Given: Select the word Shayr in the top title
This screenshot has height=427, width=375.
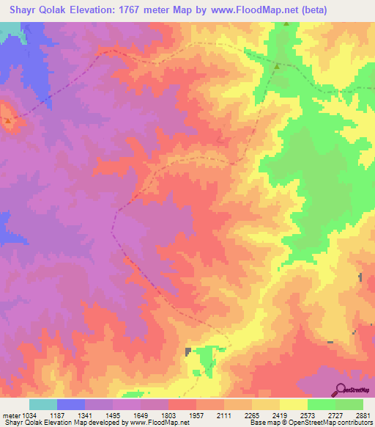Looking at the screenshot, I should tap(21, 10).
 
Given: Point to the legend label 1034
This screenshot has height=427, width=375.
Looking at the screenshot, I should tap(31, 415).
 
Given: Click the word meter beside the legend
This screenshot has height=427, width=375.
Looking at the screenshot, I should tap(12, 415).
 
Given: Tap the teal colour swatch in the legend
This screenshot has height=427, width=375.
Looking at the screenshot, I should tap(42, 404).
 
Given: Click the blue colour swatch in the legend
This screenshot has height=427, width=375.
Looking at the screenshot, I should tap(70, 404).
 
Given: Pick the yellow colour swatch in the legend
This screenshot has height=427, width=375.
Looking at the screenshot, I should tap(293, 404).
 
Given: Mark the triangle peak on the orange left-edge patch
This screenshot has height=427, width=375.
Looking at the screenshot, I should tap(7, 120).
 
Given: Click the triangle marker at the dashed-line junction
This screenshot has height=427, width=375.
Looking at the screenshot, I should tap(278, 67).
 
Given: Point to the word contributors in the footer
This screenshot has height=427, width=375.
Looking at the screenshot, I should tap(351, 423).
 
